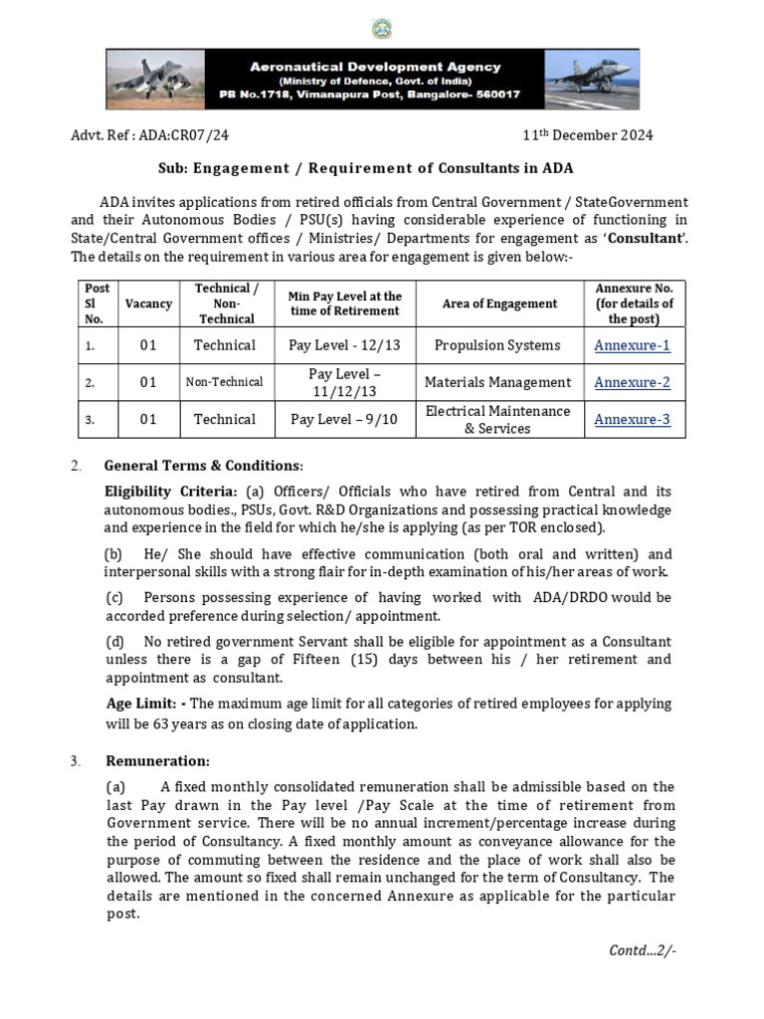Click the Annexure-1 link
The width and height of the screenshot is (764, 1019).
point(632,345)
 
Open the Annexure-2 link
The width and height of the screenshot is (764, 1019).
point(632,382)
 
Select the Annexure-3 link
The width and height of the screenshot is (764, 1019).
point(632,419)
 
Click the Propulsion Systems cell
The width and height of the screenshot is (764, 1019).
point(497,345)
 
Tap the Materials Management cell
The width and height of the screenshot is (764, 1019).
point(497,382)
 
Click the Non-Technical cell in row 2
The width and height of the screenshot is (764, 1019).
point(225,382)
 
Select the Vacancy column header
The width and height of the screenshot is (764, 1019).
point(148,304)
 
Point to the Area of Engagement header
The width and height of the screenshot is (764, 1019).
point(499,304)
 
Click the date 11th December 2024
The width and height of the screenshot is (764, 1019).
point(589,135)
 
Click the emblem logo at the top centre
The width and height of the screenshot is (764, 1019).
point(382,29)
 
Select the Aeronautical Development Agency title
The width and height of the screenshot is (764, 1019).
point(374,67)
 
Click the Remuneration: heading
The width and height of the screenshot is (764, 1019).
point(157,761)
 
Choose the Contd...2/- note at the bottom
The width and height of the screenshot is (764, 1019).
point(642,949)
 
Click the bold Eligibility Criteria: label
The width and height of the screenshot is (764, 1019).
point(171,492)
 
